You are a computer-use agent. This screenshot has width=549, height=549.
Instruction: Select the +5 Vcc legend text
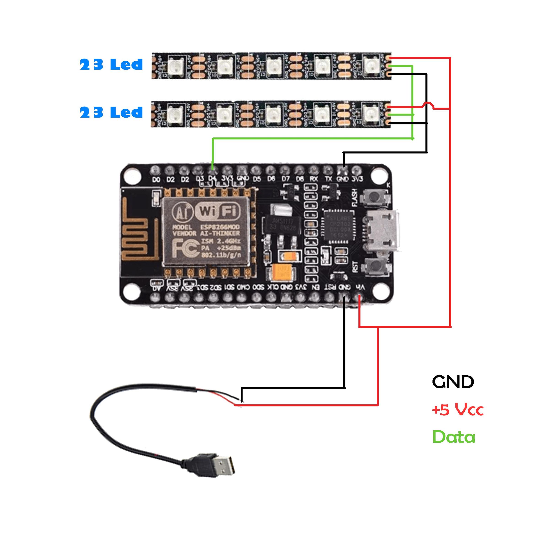[457, 410]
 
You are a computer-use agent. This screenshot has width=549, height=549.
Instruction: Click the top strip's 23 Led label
[111, 65]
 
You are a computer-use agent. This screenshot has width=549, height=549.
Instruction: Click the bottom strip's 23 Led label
[111, 113]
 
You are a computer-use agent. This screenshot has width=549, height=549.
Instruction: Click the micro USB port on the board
[382, 231]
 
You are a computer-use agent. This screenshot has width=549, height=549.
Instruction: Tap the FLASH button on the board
[375, 197]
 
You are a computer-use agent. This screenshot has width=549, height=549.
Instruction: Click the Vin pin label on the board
[360, 287]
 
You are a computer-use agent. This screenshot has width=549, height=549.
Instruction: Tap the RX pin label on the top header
[314, 179]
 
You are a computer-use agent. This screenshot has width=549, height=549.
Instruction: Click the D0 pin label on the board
[156, 179]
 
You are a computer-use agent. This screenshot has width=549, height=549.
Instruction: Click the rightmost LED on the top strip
[371, 65]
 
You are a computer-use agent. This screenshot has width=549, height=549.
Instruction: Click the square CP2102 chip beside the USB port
[338, 226]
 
